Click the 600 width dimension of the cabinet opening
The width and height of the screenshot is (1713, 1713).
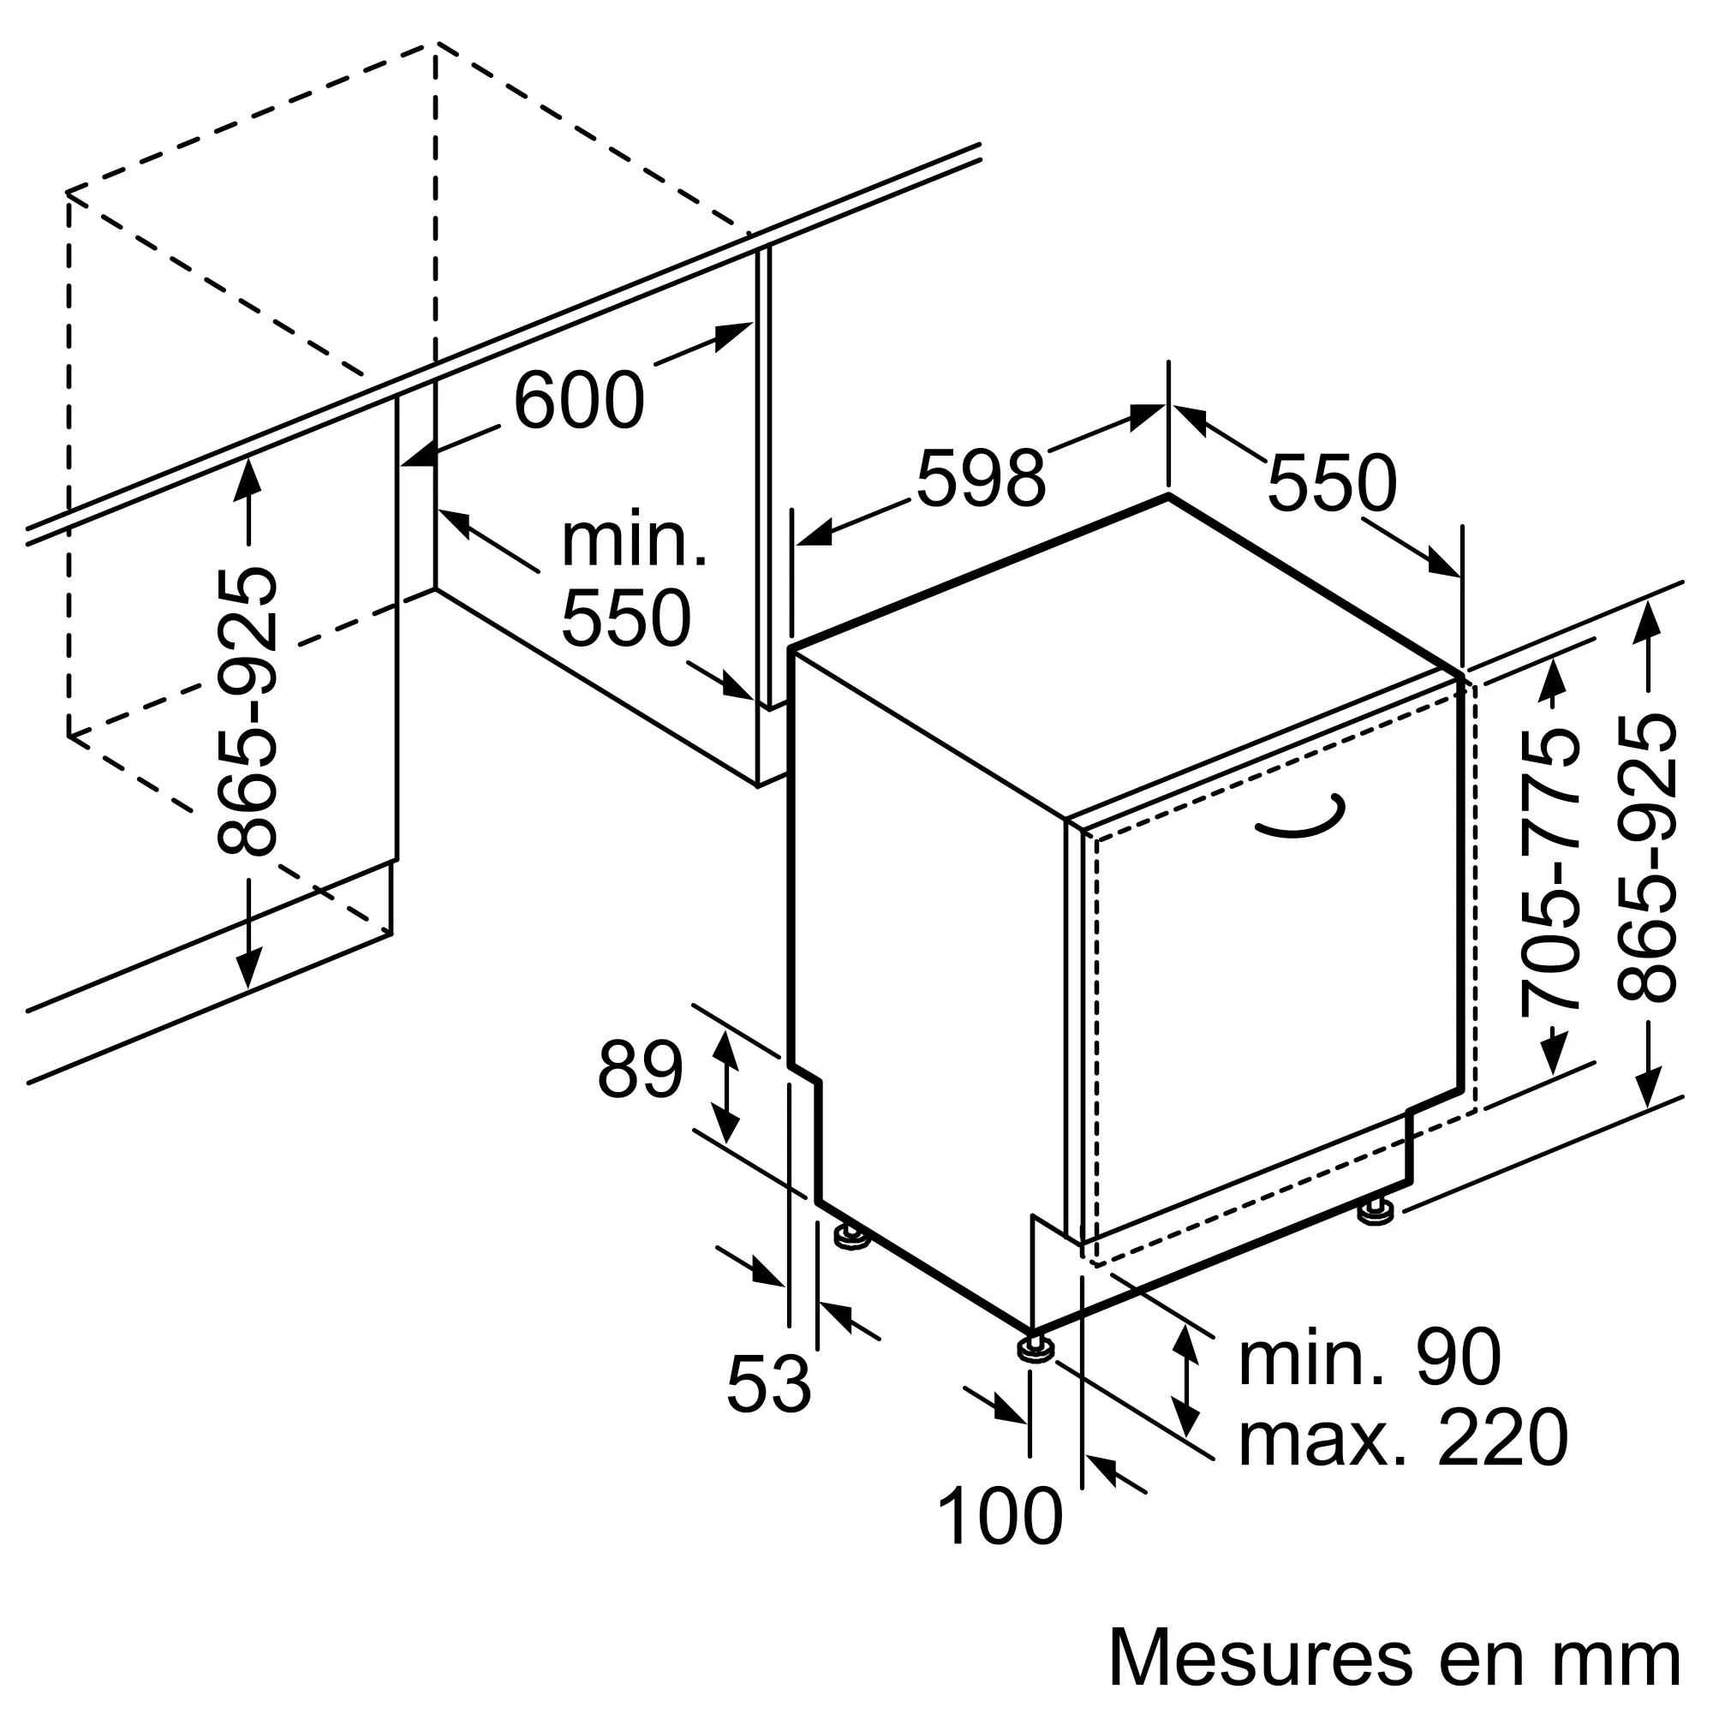click(579, 401)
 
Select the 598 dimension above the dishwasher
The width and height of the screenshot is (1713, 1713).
click(981, 479)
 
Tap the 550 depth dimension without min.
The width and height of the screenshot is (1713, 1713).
click(1332, 483)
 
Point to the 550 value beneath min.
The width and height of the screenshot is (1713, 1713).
click(626, 618)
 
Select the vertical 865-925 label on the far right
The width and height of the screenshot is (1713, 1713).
click(1646, 858)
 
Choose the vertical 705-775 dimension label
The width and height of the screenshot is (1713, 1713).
click(1551, 870)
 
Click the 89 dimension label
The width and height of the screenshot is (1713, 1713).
click(640, 1070)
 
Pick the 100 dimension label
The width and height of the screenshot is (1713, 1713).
click(1000, 1517)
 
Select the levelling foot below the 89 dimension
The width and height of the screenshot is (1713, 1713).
click(851, 1237)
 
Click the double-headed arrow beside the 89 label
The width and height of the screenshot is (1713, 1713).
click(726, 1088)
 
